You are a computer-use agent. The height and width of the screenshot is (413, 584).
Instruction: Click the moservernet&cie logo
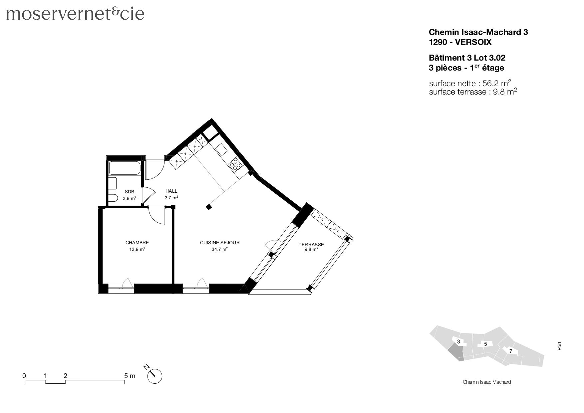click(75, 14)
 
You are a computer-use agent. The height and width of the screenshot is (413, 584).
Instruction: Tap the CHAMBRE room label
click(137, 243)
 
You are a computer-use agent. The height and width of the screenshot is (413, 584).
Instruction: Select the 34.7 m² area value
click(219, 249)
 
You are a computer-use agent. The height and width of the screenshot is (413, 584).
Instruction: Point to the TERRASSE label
click(311, 245)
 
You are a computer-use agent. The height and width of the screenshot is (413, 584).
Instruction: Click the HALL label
click(171, 191)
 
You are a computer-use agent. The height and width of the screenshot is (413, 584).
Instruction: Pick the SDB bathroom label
click(129, 192)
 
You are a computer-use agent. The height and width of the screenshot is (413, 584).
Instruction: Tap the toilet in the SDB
click(112, 198)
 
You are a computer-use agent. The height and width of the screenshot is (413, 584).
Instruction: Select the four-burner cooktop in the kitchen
click(235, 165)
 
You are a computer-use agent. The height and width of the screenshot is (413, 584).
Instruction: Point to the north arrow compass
click(154, 376)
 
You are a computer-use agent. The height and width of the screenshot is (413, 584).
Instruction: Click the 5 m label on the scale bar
click(130, 376)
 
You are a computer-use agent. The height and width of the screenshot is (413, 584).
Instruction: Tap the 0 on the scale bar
click(24, 376)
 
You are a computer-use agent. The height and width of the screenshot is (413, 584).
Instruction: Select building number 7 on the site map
click(510, 351)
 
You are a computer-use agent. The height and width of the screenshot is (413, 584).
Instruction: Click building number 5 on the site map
click(485, 344)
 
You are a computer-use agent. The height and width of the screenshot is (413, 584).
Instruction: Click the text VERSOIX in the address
click(473, 42)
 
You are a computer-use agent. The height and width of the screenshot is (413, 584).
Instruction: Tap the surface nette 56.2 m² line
click(470, 83)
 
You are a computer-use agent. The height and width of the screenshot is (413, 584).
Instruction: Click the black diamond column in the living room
click(209, 207)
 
